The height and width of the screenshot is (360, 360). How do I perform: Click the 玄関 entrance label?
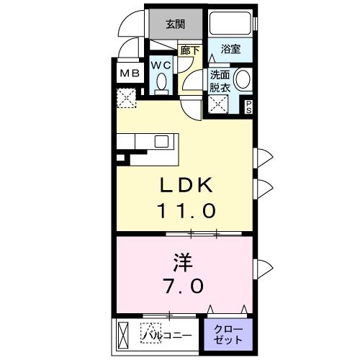pyautogui.click(x=175, y=24)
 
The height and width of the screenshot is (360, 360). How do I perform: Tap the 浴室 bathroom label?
pyautogui.click(x=230, y=49)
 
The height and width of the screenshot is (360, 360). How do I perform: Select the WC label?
pyautogui.click(x=161, y=65)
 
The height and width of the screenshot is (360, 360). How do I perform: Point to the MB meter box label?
pyautogui.click(x=130, y=73)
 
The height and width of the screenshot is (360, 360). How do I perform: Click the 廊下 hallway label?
pyautogui.click(x=189, y=50)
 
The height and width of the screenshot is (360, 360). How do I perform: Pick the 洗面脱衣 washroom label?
pyautogui.click(x=219, y=80)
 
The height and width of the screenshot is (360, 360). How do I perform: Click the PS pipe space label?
pyautogui.click(x=249, y=107)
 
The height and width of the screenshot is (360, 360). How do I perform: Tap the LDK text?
pyautogui.click(x=186, y=186)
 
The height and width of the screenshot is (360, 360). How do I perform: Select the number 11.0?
pyautogui.click(x=186, y=211)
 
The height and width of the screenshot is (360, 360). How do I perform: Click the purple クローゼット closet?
pyautogui.click(x=228, y=334)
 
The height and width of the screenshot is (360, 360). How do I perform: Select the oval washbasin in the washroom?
pyautogui.click(x=243, y=79)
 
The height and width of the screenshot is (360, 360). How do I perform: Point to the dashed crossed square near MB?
pyautogui.click(x=128, y=98)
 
